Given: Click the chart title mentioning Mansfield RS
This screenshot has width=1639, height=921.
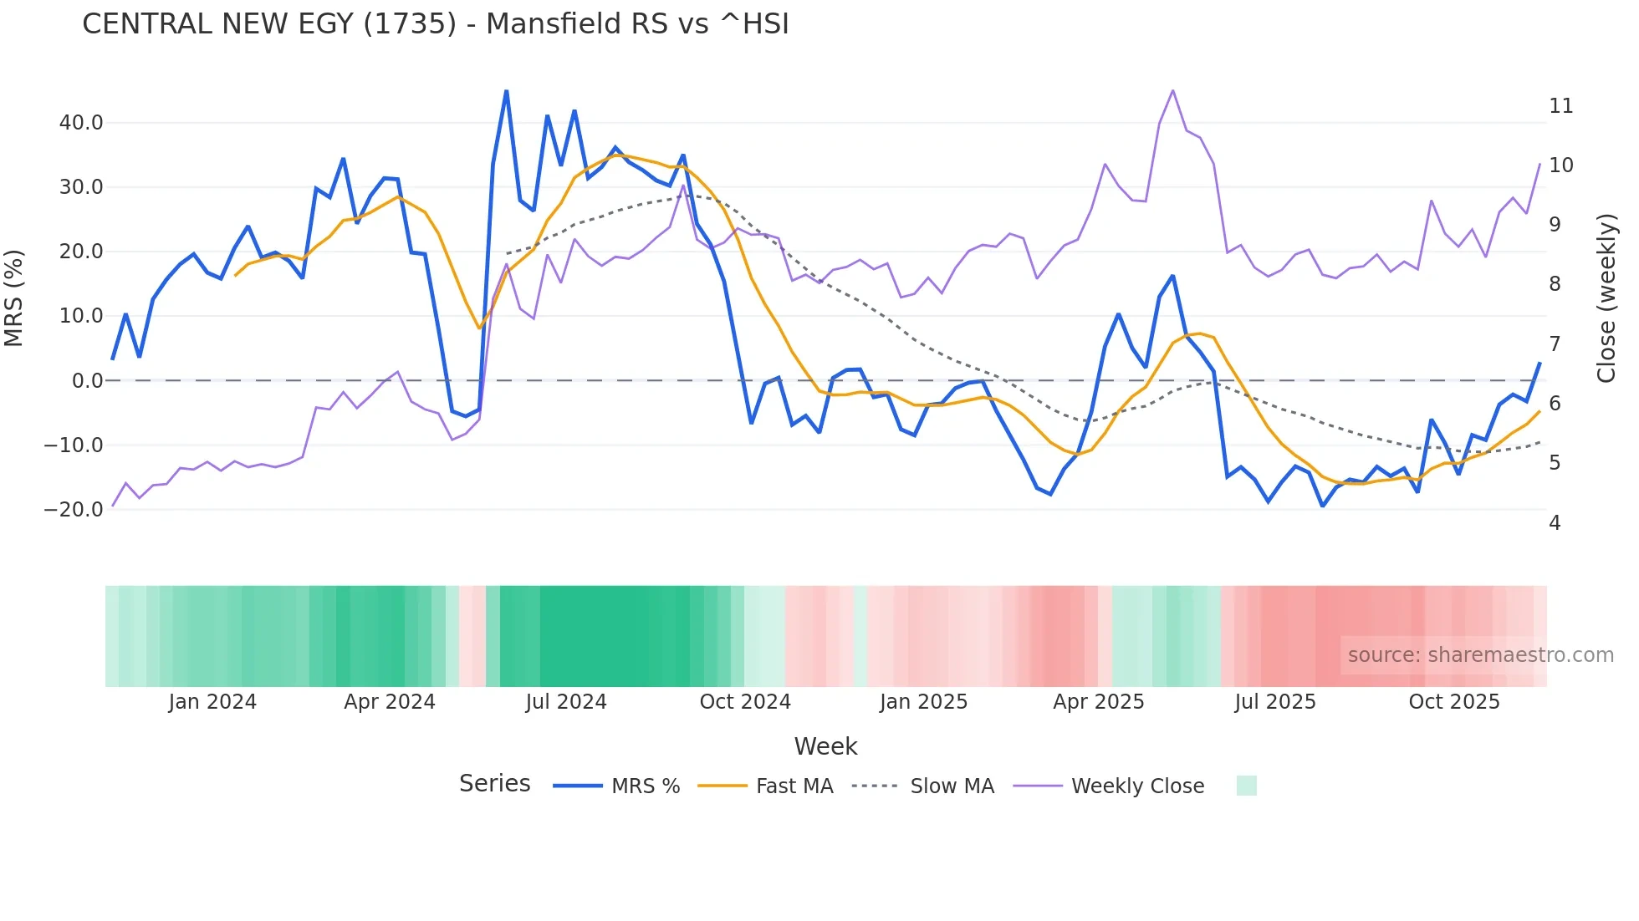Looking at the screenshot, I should click(435, 24).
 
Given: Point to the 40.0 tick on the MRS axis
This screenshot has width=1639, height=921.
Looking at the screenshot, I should click(81, 123).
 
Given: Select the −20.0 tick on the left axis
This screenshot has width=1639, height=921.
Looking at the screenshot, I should click(74, 509).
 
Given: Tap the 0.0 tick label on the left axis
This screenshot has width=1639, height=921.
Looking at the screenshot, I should click(88, 381).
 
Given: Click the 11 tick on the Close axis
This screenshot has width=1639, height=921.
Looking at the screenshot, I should click(1560, 106).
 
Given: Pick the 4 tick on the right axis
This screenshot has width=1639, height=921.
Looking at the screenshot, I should click(1555, 523).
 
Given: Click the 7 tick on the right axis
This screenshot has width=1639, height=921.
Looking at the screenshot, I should click(1555, 344).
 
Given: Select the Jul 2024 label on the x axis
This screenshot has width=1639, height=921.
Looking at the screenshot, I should click(566, 702).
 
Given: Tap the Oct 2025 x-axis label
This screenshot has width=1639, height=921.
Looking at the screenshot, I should click(1454, 702).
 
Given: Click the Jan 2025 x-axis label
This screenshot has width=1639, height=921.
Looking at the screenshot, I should click(923, 702).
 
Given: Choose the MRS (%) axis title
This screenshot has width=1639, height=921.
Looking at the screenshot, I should click(14, 298).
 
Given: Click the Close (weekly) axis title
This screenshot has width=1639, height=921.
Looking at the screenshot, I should click(1606, 298).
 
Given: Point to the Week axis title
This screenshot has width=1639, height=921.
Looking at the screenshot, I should click(825, 746).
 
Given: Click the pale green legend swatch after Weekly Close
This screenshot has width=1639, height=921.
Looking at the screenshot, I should click(1246, 786).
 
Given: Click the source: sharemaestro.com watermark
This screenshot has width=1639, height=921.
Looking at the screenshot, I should click(1480, 655).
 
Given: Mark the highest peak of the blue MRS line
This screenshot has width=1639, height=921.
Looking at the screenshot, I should click(507, 91).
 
